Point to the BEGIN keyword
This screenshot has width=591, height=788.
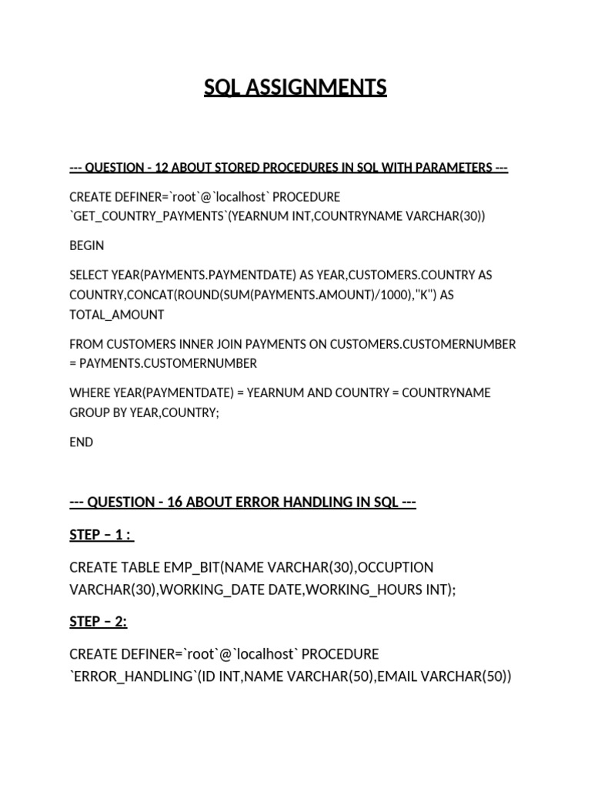point(86,245)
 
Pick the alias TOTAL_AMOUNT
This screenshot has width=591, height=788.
point(116,314)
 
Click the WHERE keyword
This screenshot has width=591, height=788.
point(88,392)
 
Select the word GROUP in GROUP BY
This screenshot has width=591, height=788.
point(88,412)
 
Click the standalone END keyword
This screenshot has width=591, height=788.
point(81,442)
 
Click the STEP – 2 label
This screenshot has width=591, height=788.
point(98,621)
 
